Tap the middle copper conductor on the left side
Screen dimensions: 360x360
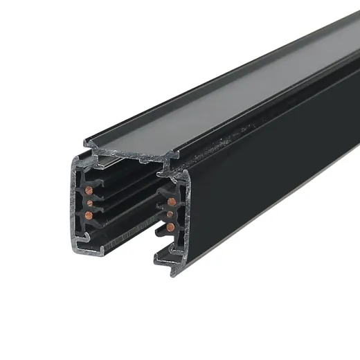coord(89,201)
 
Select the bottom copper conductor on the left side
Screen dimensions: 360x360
coord(89,215)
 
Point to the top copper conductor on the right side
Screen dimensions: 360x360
coord(171,202)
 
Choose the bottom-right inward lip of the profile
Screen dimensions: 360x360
coord(162,253)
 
